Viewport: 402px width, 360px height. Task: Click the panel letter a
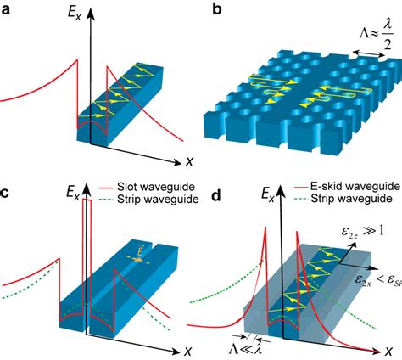click(6, 11)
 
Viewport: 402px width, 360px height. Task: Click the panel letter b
click(217, 9)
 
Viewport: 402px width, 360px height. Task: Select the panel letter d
click(216, 194)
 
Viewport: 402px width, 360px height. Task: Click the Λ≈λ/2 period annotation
click(377, 36)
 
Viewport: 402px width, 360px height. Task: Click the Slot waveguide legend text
click(156, 187)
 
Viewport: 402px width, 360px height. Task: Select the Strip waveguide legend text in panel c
click(158, 199)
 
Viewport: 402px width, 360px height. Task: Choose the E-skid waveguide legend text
click(355, 186)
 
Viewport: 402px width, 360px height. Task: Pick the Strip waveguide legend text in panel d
click(351, 198)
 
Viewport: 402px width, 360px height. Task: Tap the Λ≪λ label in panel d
click(245, 349)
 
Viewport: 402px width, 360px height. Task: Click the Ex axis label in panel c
click(73, 193)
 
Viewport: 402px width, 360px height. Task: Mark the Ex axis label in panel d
click(267, 194)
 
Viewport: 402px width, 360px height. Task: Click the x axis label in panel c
click(187, 351)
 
